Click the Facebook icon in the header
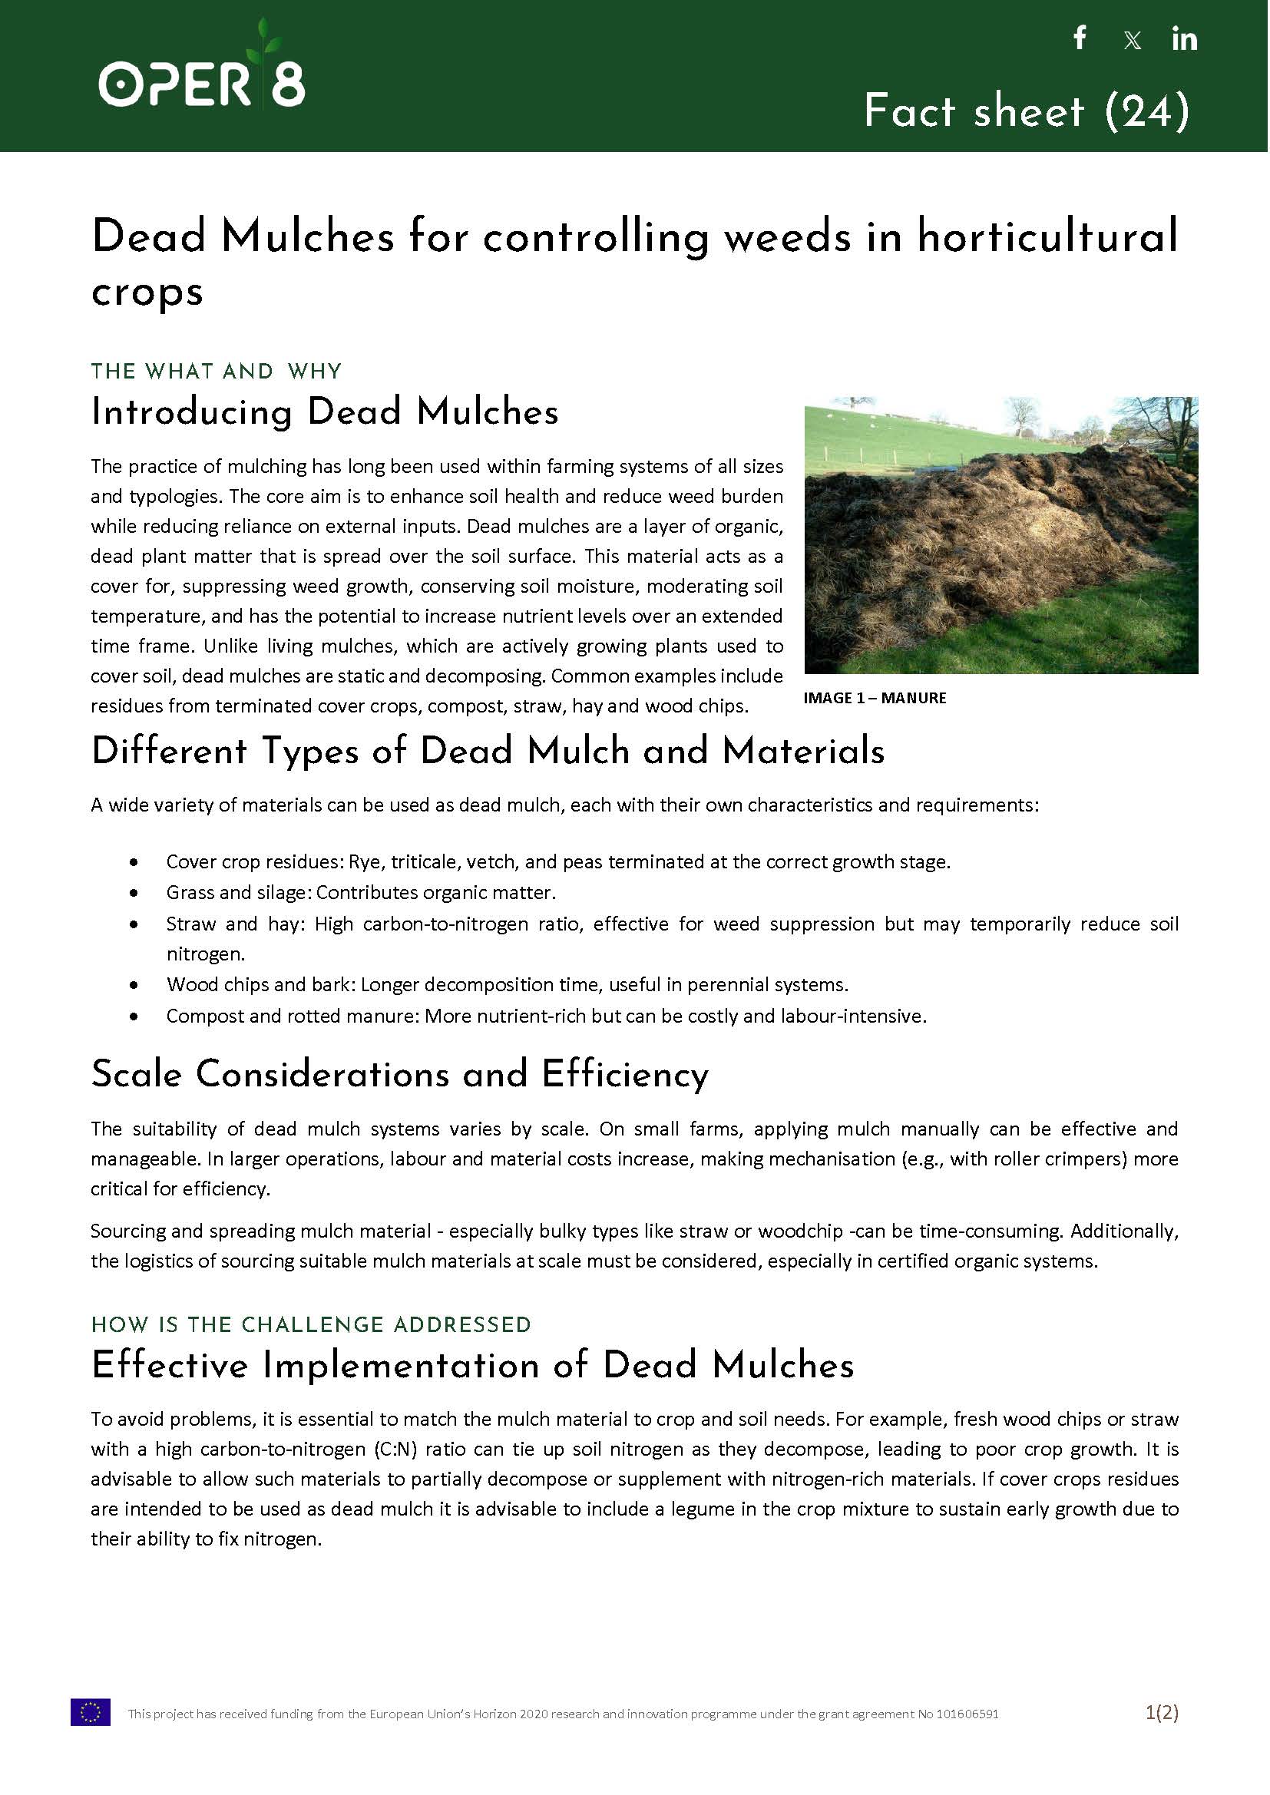[x=1080, y=38]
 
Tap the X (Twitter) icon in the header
[x=1133, y=41]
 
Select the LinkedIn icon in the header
[x=1184, y=39]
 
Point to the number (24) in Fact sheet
[x=1147, y=111]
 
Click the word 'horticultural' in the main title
[x=1047, y=236]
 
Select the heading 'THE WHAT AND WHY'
[x=217, y=372]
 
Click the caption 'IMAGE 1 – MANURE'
[x=875, y=698]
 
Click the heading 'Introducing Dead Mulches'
[x=325, y=412]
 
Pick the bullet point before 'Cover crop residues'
[x=134, y=862]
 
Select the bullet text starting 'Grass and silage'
[x=361, y=893]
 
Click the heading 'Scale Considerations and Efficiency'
[x=399, y=1074]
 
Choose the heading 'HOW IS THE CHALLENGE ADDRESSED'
[x=311, y=1325]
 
